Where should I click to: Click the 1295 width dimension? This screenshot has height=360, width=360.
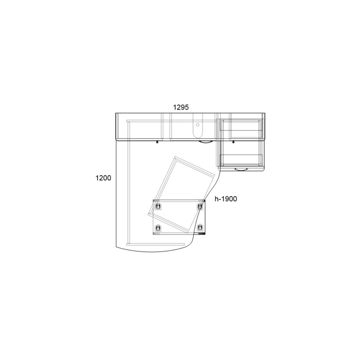[181, 107]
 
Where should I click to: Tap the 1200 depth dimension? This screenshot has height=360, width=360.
[103, 178]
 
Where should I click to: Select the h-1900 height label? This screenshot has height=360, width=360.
[226, 199]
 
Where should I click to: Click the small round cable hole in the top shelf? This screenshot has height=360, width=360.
[197, 125]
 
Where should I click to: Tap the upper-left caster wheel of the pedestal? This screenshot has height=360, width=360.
[158, 206]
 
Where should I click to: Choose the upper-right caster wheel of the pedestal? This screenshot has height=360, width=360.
[200, 206]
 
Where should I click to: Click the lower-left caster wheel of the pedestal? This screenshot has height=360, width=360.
[158, 228]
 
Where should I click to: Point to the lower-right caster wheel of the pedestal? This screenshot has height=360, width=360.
[200, 228]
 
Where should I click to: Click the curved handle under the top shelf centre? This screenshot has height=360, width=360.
[206, 142]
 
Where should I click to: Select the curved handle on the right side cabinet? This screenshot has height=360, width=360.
[241, 170]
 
